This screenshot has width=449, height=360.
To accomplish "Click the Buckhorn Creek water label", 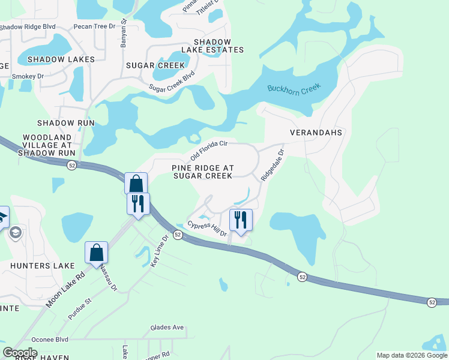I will click(294, 89).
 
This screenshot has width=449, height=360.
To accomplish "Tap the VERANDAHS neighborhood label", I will click(316, 132).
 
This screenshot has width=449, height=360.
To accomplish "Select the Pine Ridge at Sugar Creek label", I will click(202, 172).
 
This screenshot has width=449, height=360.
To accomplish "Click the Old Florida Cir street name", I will click(209, 149).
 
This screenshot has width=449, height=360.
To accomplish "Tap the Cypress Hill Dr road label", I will click(207, 229).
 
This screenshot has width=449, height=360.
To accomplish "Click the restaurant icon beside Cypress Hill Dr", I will click(241, 220).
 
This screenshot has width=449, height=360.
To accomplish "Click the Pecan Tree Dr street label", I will click(94, 26).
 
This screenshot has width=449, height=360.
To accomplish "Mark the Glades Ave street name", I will click(167, 328).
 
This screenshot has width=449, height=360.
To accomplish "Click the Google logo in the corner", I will click(20, 353).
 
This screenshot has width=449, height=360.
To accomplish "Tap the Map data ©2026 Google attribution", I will click(411, 355).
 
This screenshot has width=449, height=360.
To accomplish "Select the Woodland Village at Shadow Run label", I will click(47, 145).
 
